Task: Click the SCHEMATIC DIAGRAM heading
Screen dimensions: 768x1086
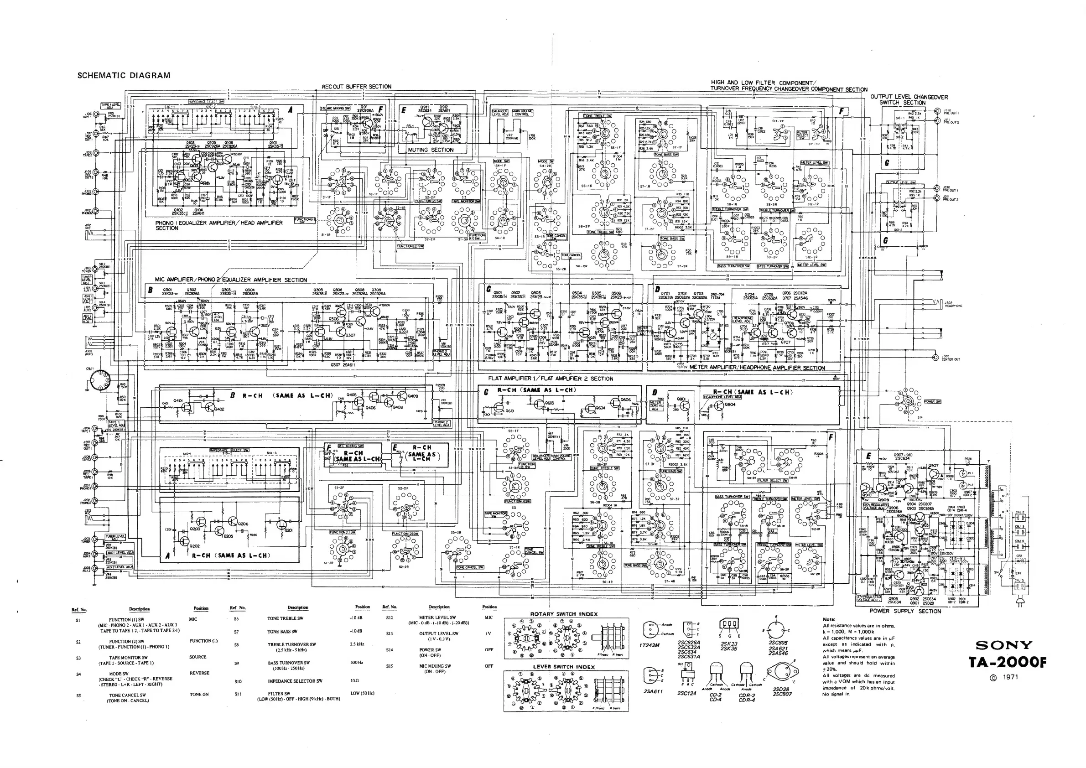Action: tap(124, 75)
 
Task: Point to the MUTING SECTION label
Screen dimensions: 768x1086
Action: tap(431, 150)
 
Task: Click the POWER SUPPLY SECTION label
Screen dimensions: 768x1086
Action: tap(905, 611)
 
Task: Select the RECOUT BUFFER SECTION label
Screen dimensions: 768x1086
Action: tap(357, 87)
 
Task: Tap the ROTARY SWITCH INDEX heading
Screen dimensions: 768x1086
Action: tap(564, 614)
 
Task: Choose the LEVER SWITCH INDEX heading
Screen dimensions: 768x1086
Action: tap(564, 667)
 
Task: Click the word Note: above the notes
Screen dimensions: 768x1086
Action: tap(829, 619)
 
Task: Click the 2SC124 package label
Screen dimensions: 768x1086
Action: tap(687, 693)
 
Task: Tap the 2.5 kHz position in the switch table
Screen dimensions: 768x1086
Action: tap(357, 644)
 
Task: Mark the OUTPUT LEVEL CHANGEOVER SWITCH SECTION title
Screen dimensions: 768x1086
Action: tap(909, 100)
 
